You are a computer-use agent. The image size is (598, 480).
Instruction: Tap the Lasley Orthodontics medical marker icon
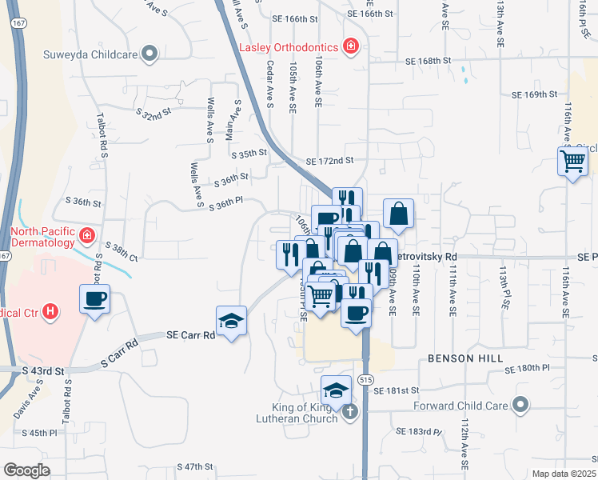[x=349, y=46]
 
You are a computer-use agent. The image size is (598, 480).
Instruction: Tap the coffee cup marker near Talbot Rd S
[x=95, y=299]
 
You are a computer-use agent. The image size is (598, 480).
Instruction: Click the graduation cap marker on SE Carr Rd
[x=232, y=321]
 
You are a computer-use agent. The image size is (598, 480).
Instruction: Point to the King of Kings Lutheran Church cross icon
[x=349, y=412]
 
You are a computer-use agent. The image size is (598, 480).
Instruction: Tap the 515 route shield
[x=365, y=378]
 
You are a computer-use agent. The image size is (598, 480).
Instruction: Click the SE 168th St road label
[x=429, y=61]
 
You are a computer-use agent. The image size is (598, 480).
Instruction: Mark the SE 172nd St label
[x=329, y=161]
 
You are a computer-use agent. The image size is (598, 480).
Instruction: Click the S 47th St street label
[x=195, y=466]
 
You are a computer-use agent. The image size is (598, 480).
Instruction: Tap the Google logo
[x=26, y=470]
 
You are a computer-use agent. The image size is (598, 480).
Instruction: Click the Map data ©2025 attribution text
[x=564, y=474]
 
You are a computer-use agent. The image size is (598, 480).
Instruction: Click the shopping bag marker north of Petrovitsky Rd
[x=398, y=214]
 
